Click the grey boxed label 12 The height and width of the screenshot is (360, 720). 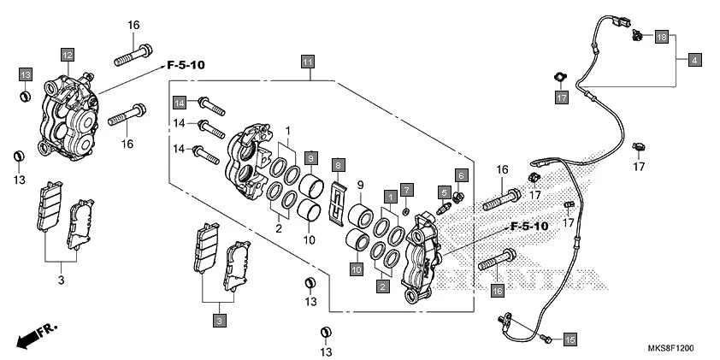(67, 55)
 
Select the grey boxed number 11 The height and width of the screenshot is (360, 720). (307, 61)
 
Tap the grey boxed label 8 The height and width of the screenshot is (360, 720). (339, 164)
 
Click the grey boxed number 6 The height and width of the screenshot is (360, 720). (461, 175)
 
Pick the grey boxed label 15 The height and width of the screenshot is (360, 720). (570, 339)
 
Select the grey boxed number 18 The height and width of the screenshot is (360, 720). (661, 38)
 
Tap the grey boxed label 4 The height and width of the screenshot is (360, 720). (694, 60)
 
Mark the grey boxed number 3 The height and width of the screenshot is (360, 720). (220, 321)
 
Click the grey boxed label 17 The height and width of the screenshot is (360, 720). (562, 98)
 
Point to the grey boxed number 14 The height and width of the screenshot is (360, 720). (180, 103)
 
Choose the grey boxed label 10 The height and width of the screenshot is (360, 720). (355, 269)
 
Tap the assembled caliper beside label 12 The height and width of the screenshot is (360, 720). (68, 117)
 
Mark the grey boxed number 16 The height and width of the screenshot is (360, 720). (498, 291)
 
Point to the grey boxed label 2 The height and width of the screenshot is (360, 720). (381, 287)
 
